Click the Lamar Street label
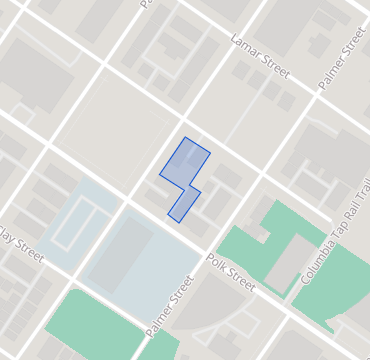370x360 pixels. click(x=259, y=56)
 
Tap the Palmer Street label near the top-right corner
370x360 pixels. click(x=342, y=57)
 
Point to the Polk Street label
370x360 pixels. click(x=231, y=273)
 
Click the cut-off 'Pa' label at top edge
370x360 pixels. click(x=145, y=4)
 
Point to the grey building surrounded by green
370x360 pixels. click(x=290, y=262)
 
